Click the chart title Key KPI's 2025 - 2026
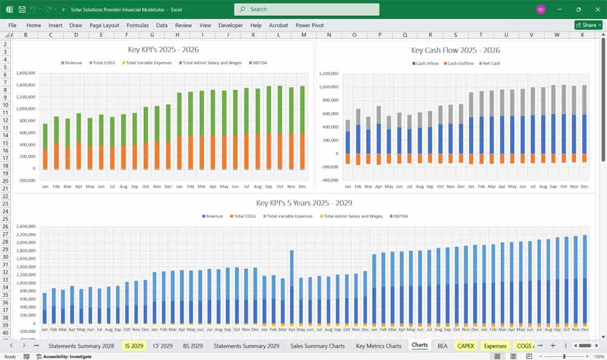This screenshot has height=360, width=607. click(163, 50)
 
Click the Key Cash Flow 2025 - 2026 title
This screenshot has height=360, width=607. click(455, 50)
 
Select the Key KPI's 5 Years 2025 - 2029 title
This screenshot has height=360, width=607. click(303, 203)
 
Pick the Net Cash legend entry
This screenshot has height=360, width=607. click(490, 64)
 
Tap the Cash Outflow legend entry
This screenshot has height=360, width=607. click(459, 64)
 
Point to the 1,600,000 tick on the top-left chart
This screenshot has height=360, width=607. click(25, 73)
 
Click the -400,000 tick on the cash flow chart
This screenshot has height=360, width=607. click(329, 180)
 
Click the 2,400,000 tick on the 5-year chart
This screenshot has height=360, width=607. click(25, 226)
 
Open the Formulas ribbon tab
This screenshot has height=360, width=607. click(137, 25)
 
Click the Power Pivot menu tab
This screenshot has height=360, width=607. click(310, 25)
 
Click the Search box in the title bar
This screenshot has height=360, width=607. click(307, 9)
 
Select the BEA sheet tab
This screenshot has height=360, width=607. click(442, 346)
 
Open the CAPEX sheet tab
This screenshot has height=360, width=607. click(466, 346)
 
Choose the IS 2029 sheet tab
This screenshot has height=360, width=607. click(133, 346)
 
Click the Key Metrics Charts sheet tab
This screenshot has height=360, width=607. click(378, 346)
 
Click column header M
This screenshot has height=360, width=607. click(303, 35)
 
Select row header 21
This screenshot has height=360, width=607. click(5, 189)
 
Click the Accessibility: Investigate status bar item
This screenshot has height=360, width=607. click(64, 356)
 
